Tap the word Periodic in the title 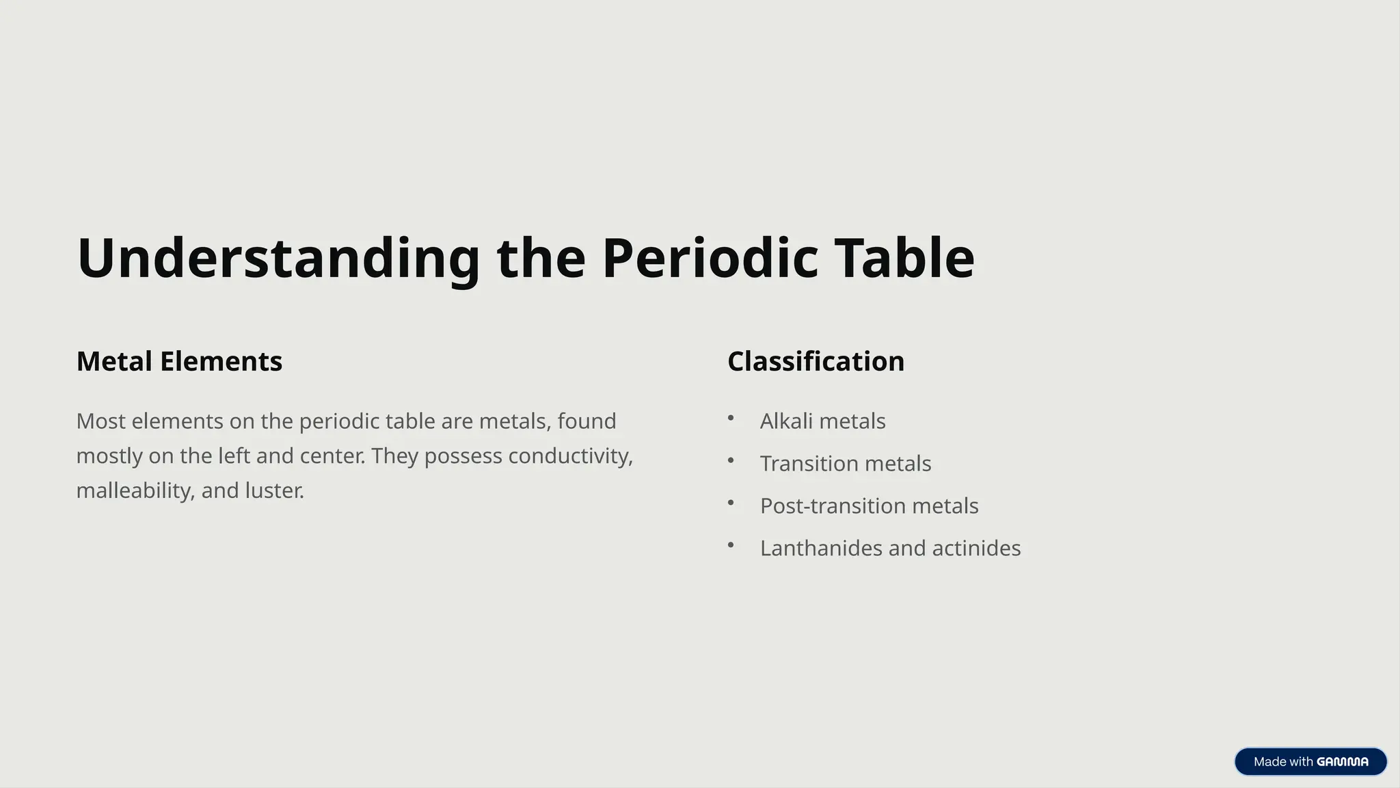(710, 259)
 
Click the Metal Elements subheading (179, 361)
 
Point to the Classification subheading (816, 361)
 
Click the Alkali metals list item (822, 421)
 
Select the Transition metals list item (846, 464)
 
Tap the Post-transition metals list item (869, 506)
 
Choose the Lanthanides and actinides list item (890, 549)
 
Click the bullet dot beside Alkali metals (731, 418)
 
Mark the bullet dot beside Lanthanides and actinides (731, 545)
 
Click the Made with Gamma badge (1310, 761)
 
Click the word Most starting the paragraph (100, 421)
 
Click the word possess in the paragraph (463, 456)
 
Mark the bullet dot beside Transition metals (731, 460)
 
